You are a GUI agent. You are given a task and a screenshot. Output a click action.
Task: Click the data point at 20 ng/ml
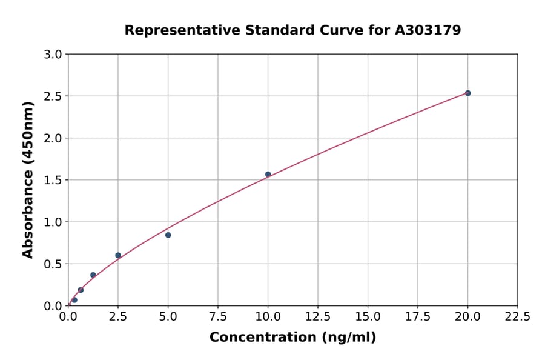[x=467, y=93]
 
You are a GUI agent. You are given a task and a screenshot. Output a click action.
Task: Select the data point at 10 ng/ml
[x=268, y=175]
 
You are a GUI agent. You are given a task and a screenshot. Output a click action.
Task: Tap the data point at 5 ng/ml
[x=168, y=235]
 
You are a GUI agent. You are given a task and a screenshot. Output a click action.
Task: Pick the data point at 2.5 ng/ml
[x=118, y=255]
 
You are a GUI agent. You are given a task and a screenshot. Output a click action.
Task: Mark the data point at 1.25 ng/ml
[x=93, y=275]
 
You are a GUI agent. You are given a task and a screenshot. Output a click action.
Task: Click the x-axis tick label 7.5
[x=218, y=316]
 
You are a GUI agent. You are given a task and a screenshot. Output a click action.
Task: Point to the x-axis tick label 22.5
[x=518, y=316]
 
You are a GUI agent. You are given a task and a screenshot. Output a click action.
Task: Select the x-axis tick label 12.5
[x=318, y=316]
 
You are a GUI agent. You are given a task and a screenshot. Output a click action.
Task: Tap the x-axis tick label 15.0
[x=368, y=316]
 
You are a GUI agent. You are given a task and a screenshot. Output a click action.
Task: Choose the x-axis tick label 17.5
[x=418, y=316]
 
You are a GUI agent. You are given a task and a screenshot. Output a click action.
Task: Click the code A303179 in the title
[x=428, y=30]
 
